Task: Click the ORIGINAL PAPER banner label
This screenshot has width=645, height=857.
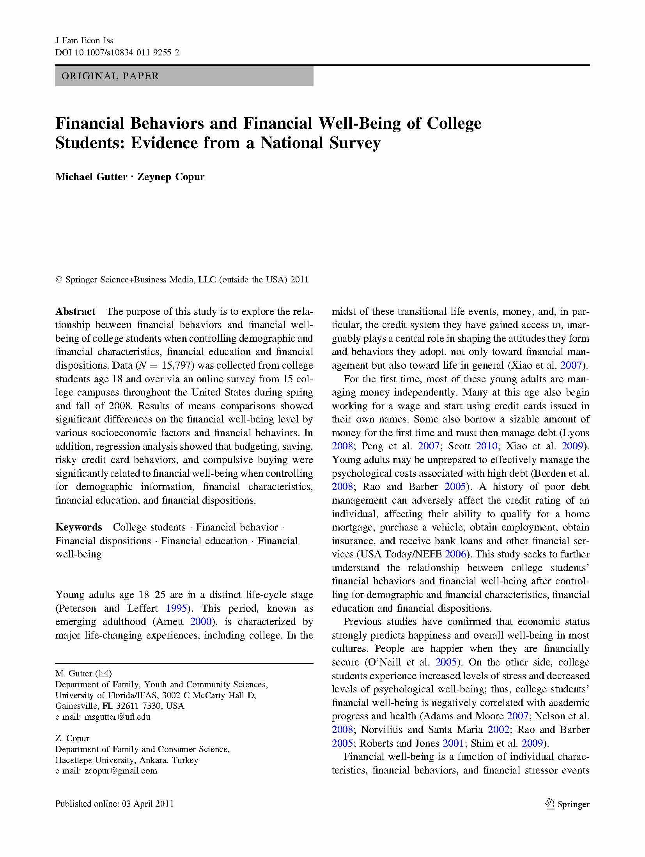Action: pyautogui.click(x=110, y=76)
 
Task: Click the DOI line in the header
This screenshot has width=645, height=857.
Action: pyautogui.click(x=117, y=52)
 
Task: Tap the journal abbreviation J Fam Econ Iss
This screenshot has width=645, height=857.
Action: pyautogui.click(x=84, y=41)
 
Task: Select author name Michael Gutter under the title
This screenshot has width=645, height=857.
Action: pyautogui.click(x=91, y=177)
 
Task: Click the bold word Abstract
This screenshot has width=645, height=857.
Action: pyautogui.click(x=75, y=311)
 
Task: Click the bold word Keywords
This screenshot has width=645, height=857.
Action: pyautogui.click(x=78, y=527)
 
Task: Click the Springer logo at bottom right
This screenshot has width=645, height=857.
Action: pyautogui.click(x=567, y=804)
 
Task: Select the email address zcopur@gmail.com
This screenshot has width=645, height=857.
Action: pyautogui.click(x=121, y=770)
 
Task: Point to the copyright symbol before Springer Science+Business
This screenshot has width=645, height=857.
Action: pyautogui.click(x=59, y=280)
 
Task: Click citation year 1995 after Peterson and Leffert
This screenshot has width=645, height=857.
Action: pyautogui.click(x=176, y=608)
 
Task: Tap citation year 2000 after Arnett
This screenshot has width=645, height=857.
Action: pyautogui.click(x=201, y=621)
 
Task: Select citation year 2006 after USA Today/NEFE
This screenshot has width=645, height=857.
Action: pyautogui.click(x=455, y=554)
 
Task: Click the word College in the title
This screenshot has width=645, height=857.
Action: pyautogui.click(x=454, y=123)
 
